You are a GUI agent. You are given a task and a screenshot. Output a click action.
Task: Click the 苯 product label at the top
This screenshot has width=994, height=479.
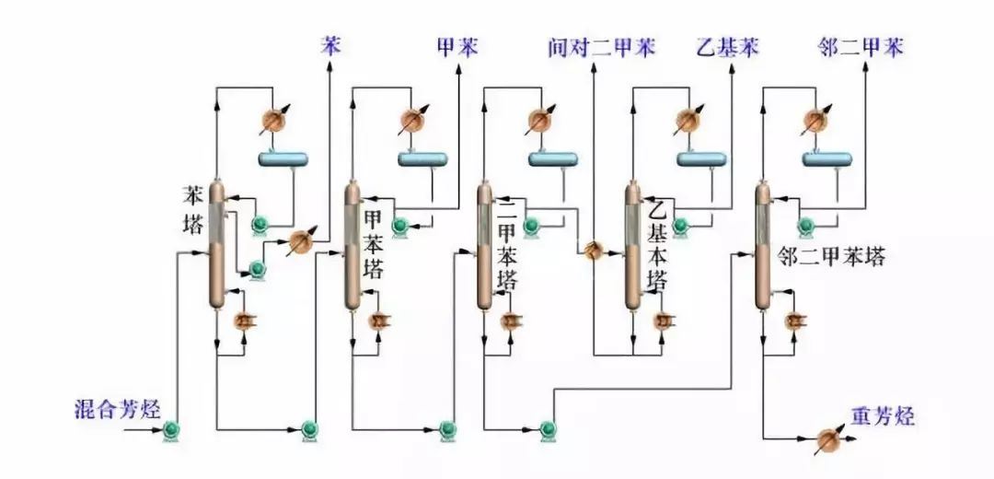[329, 45]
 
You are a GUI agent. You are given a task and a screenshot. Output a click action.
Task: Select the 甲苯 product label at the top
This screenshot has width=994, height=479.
[457, 46]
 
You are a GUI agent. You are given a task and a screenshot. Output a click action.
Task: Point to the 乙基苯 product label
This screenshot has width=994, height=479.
[726, 46]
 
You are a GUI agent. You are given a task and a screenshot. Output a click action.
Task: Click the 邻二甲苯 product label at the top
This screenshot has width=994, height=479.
[861, 46]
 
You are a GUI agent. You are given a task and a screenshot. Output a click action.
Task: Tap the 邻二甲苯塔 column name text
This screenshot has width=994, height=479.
[832, 256]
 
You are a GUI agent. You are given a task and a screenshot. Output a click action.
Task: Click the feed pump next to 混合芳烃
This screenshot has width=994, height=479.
[171, 429]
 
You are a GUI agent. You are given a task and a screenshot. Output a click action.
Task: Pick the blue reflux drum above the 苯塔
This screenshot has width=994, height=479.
[284, 158]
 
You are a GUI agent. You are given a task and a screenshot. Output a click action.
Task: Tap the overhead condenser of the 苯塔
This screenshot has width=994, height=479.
[272, 119]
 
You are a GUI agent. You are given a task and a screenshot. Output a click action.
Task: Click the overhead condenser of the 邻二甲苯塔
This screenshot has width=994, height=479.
[814, 120]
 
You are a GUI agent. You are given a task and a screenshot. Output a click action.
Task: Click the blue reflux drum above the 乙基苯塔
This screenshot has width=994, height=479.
[701, 158]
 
